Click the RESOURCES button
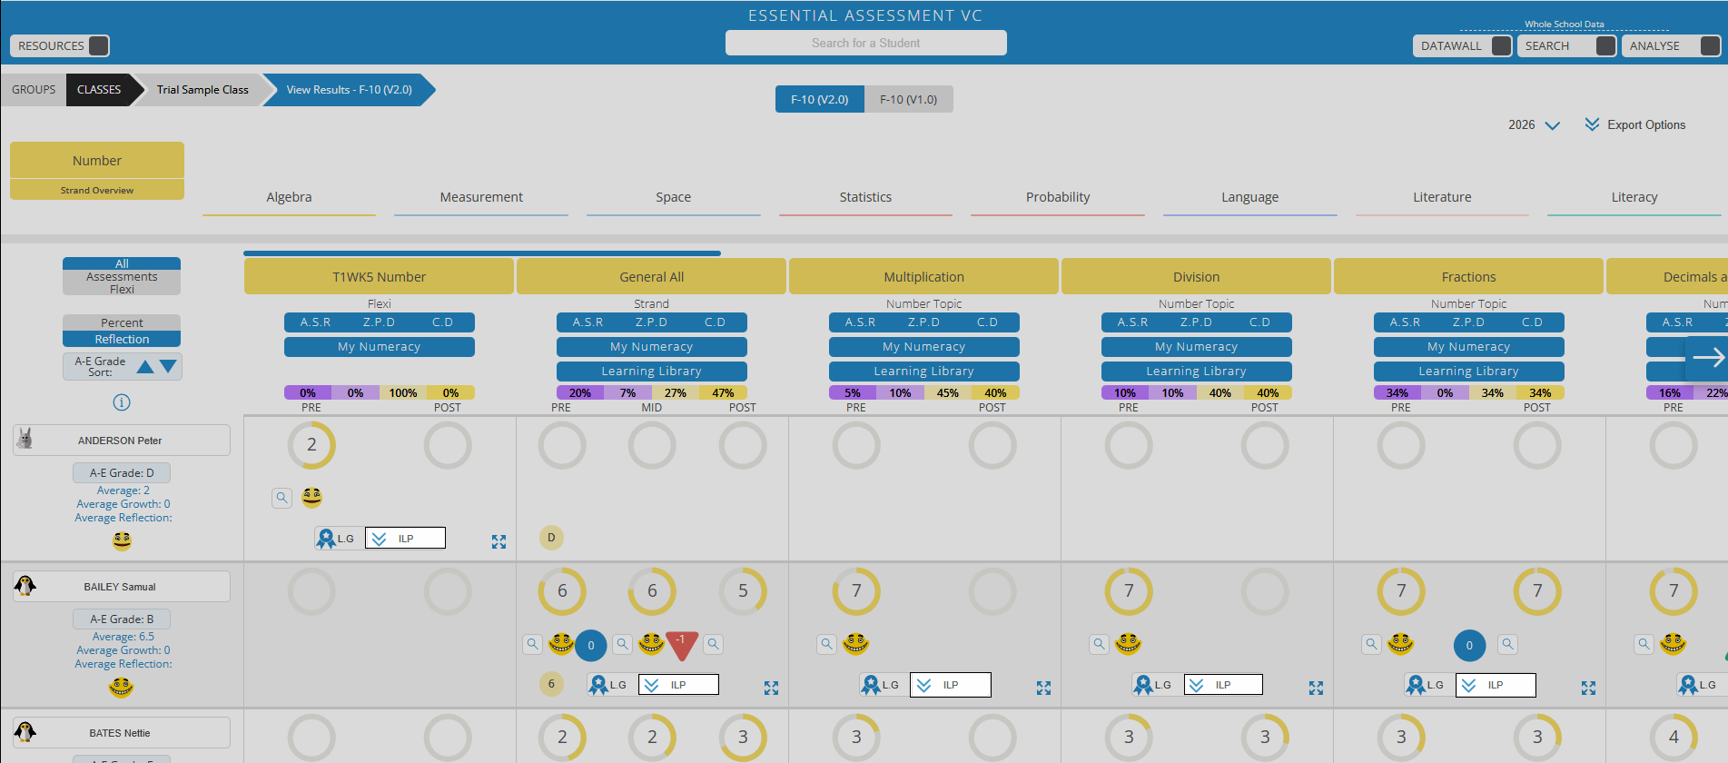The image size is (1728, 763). click(x=60, y=45)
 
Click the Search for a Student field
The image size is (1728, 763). click(x=865, y=43)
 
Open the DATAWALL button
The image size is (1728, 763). click(x=1462, y=45)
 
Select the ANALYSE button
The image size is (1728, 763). click(x=1667, y=45)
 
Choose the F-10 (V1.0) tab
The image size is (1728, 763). click(x=908, y=99)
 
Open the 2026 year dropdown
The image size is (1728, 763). click(x=1534, y=124)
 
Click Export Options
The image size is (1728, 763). click(x=1635, y=124)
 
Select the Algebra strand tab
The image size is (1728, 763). click(x=289, y=197)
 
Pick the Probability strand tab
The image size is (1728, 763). click(x=1057, y=197)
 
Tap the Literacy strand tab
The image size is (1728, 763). click(x=1634, y=197)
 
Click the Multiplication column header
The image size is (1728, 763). click(x=923, y=277)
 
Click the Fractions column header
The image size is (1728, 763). click(x=1468, y=277)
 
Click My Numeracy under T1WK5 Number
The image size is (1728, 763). click(x=379, y=347)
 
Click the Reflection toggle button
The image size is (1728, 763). click(x=122, y=339)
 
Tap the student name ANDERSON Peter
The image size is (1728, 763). click(x=120, y=441)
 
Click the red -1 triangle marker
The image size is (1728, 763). click(x=681, y=642)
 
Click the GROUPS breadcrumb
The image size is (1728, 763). click(x=34, y=90)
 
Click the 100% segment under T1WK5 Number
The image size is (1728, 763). click(x=402, y=393)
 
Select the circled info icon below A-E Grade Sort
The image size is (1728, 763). click(x=122, y=402)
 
